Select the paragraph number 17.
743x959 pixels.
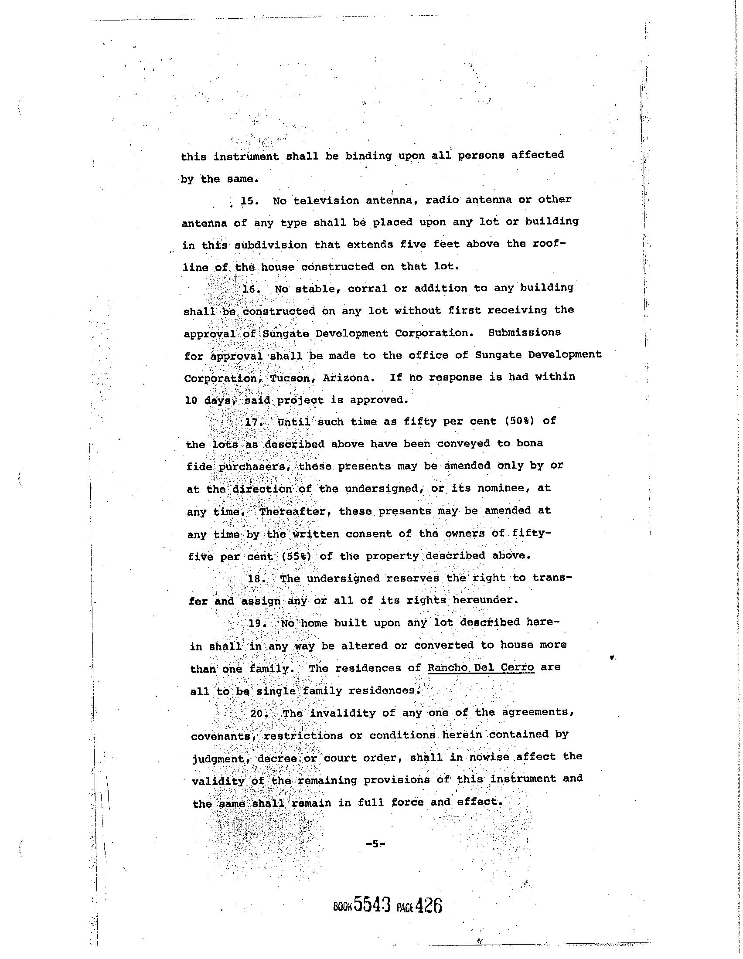coord(253,422)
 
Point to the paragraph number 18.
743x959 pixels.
coord(256,578)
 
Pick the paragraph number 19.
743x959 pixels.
coord(257,623)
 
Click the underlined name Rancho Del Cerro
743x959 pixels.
coord(481,668)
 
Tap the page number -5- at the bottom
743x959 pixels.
coord(375,843)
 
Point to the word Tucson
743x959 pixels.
coord(290,378)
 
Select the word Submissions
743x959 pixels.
coord(524,333)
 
